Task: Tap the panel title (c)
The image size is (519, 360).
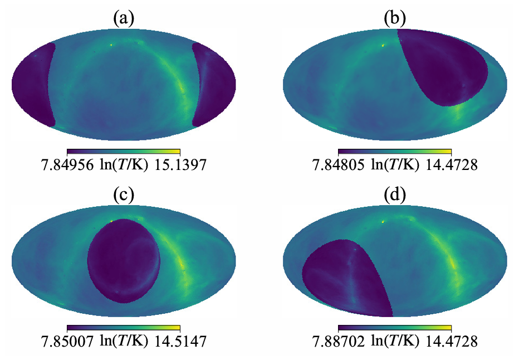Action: point(123,196)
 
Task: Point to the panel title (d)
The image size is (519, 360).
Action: point(395,196)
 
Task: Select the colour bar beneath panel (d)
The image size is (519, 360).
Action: point(395,327)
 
